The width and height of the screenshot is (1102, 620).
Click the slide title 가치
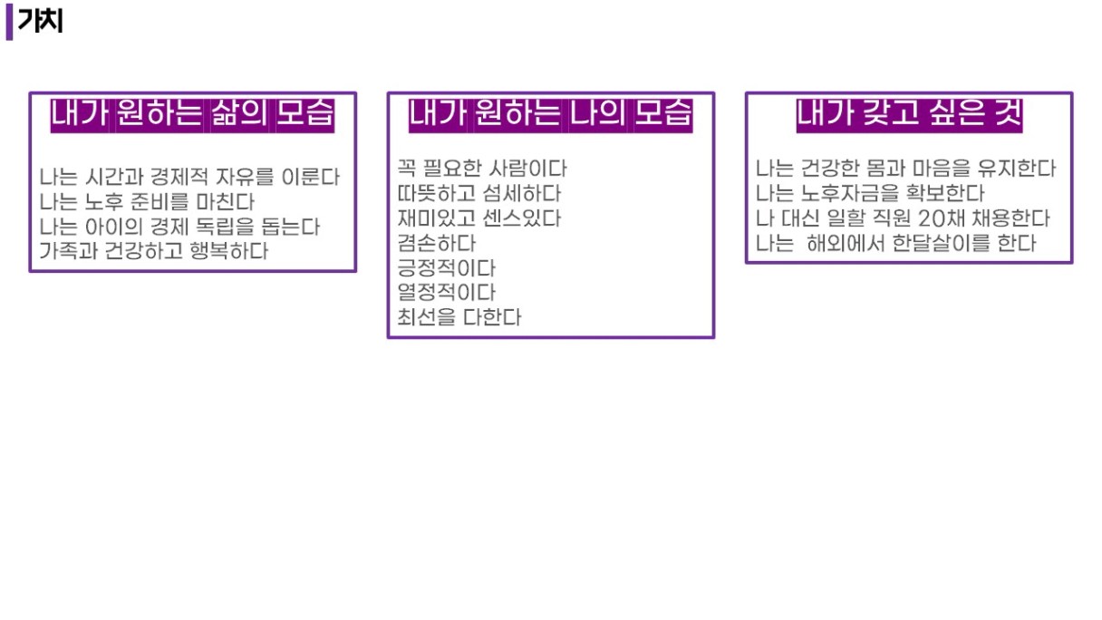41,21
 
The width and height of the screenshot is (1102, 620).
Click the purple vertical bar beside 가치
9,24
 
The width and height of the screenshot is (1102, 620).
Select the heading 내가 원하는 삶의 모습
192,115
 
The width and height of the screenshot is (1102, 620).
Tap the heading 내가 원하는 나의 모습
550,115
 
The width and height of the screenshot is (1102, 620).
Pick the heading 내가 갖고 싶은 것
909,115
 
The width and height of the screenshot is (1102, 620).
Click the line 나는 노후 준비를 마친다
147,202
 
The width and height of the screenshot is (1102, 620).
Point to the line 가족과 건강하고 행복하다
153,251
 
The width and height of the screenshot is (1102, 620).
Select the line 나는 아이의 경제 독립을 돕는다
179,227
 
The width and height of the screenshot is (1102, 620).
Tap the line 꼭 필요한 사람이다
482,169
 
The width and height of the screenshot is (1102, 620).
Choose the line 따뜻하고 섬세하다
479,193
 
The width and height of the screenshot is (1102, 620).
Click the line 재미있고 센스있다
479,218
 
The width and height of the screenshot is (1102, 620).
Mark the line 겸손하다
437,243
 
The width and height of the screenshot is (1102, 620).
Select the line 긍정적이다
447,268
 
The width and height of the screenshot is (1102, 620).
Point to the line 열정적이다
447,292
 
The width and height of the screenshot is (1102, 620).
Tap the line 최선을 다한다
459,317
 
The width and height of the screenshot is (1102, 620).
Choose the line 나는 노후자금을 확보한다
870,193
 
